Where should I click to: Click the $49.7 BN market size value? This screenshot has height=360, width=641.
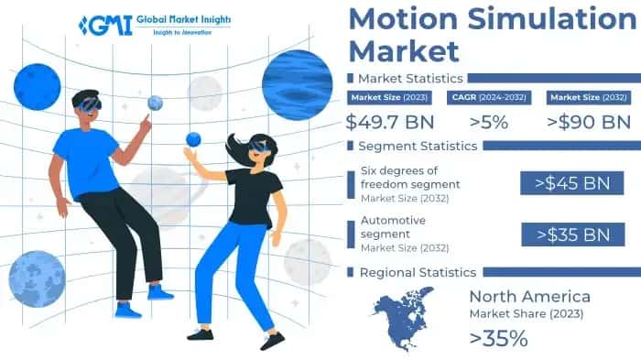tap(389, 122)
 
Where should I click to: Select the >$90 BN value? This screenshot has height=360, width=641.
tap(588, 122)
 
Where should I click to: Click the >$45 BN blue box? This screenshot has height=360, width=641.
tap(566, 182)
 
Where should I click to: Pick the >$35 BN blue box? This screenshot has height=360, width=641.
tap(566, 234)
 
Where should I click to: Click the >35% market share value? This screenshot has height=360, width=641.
tap(498, 338)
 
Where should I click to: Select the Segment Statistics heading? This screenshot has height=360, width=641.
tap(417, 146)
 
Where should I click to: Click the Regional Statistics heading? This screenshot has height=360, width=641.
tap(417, 272)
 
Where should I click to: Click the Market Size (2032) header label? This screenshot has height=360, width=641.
tap(588, 97)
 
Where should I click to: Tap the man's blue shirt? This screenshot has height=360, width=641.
tap(88, 160)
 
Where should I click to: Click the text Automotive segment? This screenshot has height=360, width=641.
tap(394, 227)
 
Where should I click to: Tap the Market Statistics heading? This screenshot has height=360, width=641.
tap(409, 78)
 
